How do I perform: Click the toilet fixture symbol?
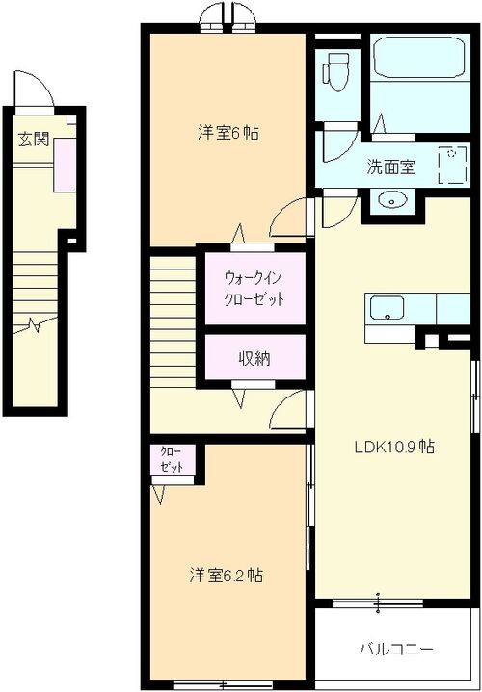tap(336, 72)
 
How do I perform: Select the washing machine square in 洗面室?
tap(452, 166)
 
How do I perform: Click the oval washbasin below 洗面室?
tap(391, 201)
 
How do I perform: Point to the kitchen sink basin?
tap(387, 308)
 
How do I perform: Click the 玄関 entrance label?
tap(33, 140)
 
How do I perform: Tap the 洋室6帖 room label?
tap(228, 133)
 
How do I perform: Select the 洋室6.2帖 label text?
tap(227, 575)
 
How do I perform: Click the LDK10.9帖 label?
tap(394, 448)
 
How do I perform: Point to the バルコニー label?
tap(396, 650)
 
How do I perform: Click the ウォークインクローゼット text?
tap(254, 289)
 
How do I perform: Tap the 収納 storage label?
tap(254, 359)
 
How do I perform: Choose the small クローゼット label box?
tap(172, 460)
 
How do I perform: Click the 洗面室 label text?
tap(390, 167)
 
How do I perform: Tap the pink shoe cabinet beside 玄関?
tap(65, 165)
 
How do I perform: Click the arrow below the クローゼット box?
tap(159, 495)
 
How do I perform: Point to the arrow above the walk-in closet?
tap(238, 234)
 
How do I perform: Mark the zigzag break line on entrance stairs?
tap(36, 324)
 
